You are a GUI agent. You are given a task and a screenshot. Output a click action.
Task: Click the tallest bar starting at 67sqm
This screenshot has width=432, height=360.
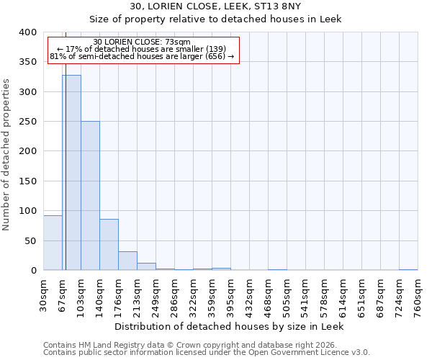click(x=71, y=173)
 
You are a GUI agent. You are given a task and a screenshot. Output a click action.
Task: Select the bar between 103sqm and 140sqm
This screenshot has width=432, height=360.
click(x=90, y=196)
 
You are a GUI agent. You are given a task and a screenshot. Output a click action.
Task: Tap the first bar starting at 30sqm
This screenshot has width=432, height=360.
click(x=53, y=243)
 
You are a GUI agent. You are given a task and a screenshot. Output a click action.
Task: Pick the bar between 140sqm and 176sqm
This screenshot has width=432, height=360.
click(x=109, y=245)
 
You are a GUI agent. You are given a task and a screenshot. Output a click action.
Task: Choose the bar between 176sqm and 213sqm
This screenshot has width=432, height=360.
click(x=127, y=261)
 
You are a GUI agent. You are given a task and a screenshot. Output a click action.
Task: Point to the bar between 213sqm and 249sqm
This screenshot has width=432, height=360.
click(x=146, y=266)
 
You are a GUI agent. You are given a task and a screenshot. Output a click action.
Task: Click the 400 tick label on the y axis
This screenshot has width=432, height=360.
click(x=27, y=32)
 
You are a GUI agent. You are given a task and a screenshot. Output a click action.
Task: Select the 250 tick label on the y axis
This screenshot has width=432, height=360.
click(x=27, y=122)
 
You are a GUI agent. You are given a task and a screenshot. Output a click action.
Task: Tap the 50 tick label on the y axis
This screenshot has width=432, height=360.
click(x=30, y=240)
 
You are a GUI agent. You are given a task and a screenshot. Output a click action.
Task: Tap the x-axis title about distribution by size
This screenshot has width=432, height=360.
click(x=230, y=326)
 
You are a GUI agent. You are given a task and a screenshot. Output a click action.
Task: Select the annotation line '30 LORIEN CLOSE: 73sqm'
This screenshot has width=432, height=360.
click(x=143, y=42)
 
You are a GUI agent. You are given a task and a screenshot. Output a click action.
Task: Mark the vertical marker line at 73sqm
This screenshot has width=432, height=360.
click(x=66, y=158)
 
